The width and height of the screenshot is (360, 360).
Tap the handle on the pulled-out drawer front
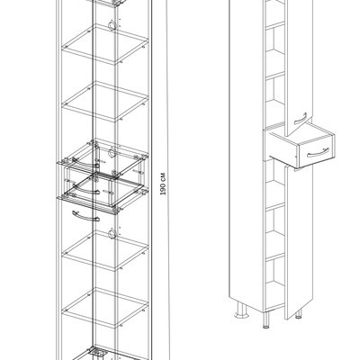(318, 152)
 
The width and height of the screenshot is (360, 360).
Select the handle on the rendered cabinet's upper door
(300, 119)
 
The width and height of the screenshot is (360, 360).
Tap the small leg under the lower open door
(298, 314)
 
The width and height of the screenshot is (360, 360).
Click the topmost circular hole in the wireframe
(112, 25)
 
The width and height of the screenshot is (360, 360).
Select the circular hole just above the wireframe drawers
(112, 153)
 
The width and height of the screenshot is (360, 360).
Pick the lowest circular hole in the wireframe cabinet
(112, 233)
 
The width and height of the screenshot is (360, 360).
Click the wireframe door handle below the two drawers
(85, 216)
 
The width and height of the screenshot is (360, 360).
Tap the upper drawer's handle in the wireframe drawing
(85, 164)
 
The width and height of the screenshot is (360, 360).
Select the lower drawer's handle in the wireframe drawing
(85, 190)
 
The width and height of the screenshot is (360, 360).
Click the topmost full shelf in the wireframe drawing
(105, 44)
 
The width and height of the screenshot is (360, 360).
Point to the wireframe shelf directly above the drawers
(105, 101)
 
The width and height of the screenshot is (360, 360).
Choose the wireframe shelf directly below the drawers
(105, 250)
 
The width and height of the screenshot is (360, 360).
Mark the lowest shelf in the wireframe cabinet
(105, 308)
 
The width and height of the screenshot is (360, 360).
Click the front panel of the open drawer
(316, 152)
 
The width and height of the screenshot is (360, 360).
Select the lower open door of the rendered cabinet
(300, 240)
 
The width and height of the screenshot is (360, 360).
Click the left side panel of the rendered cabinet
(246, 150)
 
